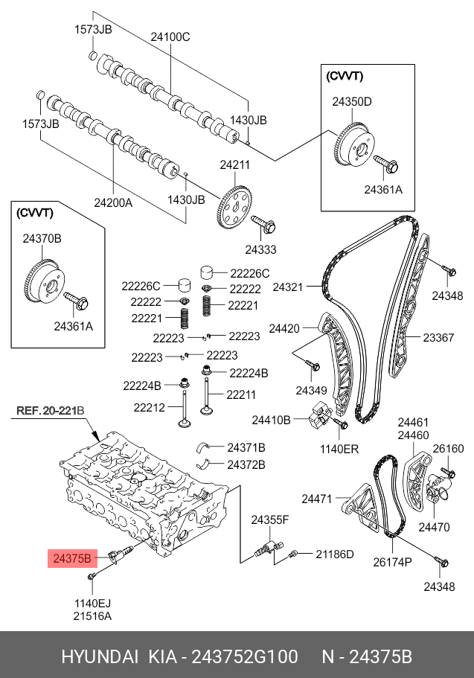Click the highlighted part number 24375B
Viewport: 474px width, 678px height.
pyautogui.click(x=71, y=557)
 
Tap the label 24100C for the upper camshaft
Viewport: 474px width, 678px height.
pyautogui.click(x=170, y=36)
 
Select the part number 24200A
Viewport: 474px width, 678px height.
pyautogui.click(x=112, y=201)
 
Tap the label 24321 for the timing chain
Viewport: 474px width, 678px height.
pyautogui.click(x=288, y=286)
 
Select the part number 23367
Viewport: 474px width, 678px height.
pyautogui.click(x=438, y=337)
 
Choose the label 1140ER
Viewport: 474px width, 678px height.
pyautogui.click(x=340, y=449)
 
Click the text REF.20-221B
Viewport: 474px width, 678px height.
pyautogui.click(x=51, y=410)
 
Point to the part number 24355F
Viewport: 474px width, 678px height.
pyautogui.click(x=269, y=519)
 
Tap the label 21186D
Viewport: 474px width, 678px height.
pyautogui.click(x=334, y=554)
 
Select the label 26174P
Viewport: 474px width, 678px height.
pyautogui.click(x=392, y=562)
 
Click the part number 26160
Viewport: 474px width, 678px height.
pyautogui.click(x=448, y=448)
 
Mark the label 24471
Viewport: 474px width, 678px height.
pyautogui.click(x=316, y=498)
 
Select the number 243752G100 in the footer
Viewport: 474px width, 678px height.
pyautogui.click(x=245, y=657)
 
